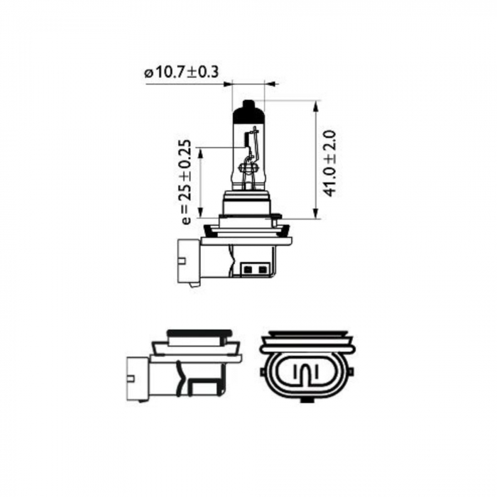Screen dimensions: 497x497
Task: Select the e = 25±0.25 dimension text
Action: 186,181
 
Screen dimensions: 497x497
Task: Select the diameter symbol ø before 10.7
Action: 148,72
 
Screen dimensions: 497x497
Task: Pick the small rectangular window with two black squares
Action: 255,269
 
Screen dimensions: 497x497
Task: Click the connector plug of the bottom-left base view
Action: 138,377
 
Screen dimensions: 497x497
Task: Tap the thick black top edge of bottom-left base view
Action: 198,332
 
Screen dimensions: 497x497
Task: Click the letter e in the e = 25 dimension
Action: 186,219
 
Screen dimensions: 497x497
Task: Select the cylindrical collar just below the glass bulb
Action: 248,202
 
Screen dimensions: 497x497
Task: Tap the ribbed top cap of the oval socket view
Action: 305,335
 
